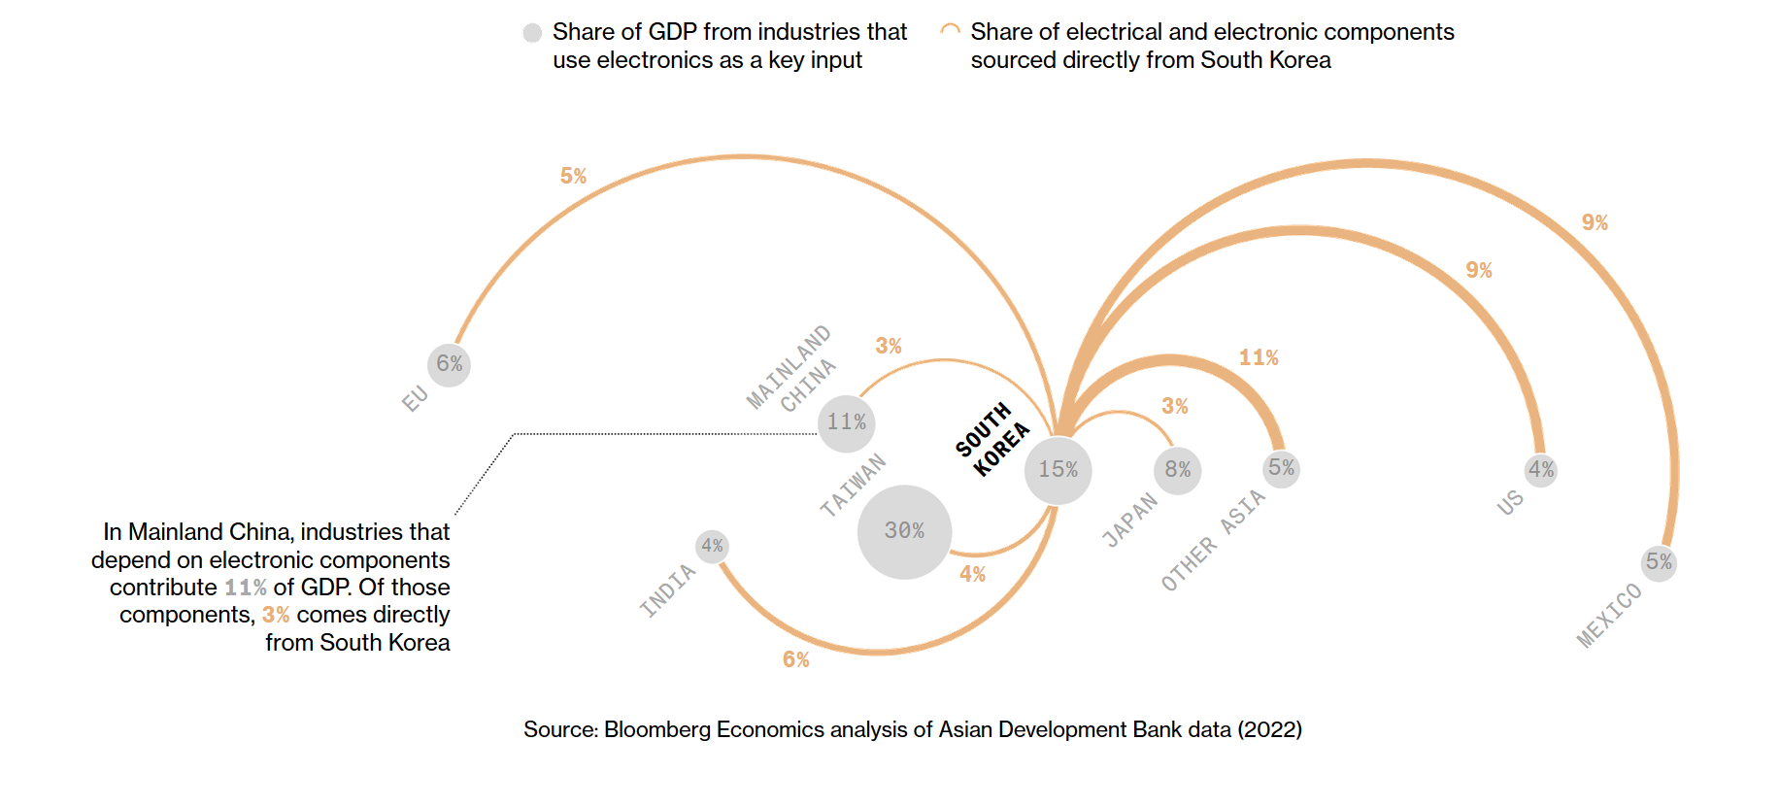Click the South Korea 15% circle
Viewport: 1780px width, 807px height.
pyautogui.click(x=1058, y=470)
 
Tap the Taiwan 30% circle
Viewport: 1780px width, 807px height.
pyautogui.click(x=904, y=531)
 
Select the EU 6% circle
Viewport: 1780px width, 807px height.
pyautogui.click(x=449, y=364)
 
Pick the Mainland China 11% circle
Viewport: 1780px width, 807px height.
pyautogui.click(x=846, y=422)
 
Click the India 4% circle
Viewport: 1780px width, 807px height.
pyautogui.click(x=712, y=546)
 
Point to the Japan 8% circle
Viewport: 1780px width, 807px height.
pyautogui.click(x=1178, y=470)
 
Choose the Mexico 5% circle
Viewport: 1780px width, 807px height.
pyautogui.click(x=1659, y=562)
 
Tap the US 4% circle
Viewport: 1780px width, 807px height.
pyautogui.click(x=1541, y=470)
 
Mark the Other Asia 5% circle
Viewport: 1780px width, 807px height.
pyautogui.click(x=1282, y=468)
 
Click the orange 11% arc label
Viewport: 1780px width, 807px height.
pyautogui.click(x=1259, y=358)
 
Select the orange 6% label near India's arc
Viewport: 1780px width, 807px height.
pyautogui.click(x=796, y=660)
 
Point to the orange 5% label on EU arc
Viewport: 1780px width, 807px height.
pyautogui.click(x=573, y=177)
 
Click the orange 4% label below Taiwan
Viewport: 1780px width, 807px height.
pyautogui.click(x=972, y=575)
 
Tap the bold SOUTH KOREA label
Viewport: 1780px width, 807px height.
pyautogui.click(x=991, y=440)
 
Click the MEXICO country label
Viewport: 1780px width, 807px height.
pyautogui.click(x=1609, y=616)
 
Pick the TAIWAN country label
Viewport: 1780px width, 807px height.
pyautogui.click(x=853, y=485)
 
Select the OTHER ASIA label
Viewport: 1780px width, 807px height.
pyautogui.click(x=1214, y=540)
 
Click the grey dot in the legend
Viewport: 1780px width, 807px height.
pyautogui.click(x=532, y=33)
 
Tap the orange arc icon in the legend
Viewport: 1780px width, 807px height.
pyautogui.click(x=951, y=31)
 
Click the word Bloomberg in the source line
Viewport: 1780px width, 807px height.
pyautogui.click(x=657, y=730)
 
